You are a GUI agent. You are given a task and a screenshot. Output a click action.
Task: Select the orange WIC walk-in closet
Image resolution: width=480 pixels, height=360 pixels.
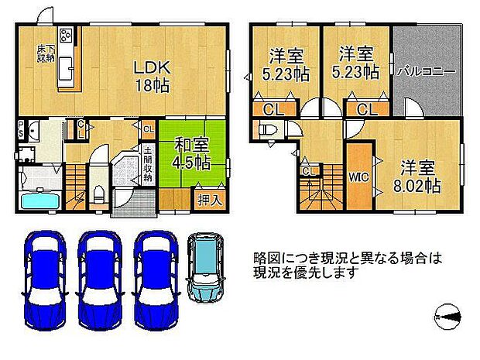coord(358,176)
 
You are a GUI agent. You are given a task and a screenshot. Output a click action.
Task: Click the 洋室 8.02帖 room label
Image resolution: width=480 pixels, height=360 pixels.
coord(419,176)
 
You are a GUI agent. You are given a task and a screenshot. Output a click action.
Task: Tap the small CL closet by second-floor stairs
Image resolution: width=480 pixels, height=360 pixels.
coord(308,170)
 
